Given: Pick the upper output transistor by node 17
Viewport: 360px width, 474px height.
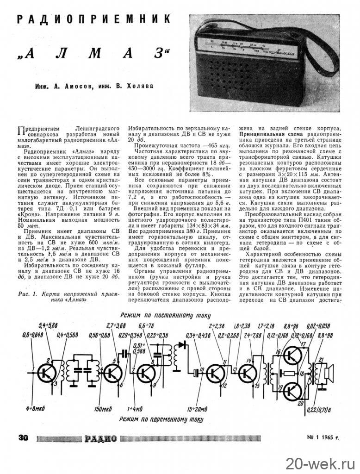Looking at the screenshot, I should (x=293, y=355).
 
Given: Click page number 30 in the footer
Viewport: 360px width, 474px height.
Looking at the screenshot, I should (x=24, y=437).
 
